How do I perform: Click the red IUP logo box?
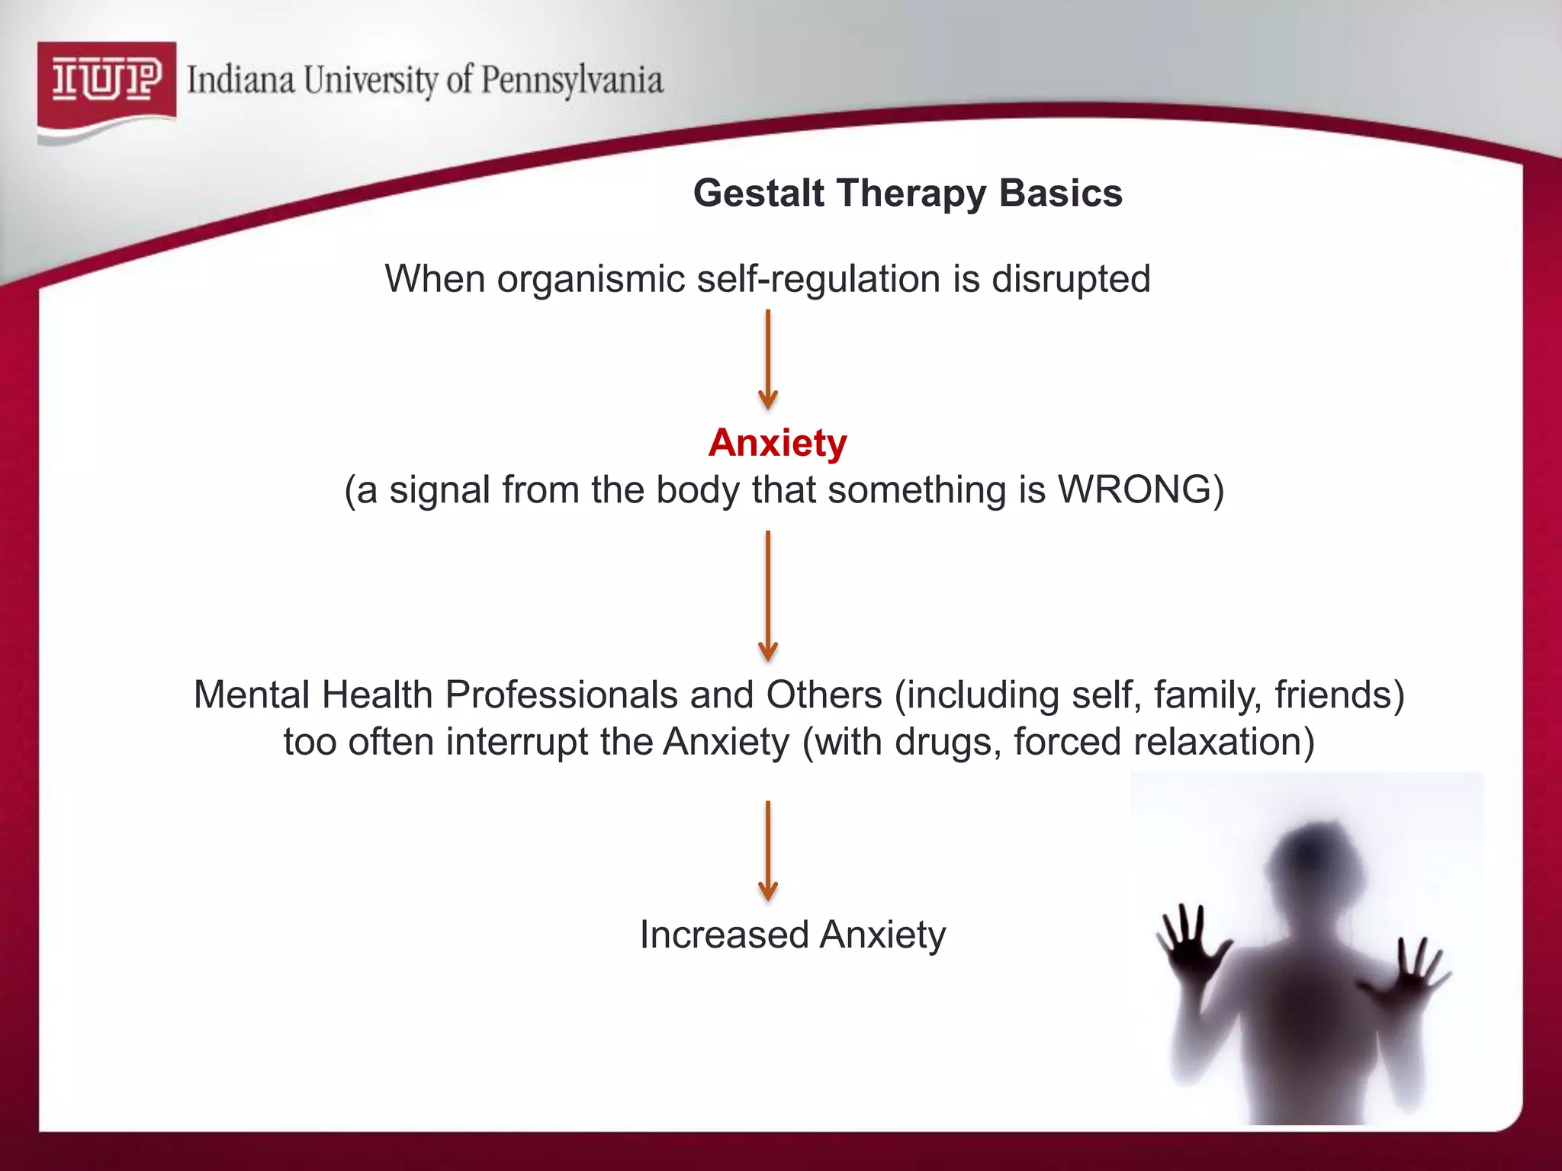click(107, 82)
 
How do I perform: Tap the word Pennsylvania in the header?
click(572, 80)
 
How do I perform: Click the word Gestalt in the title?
click(759, 193)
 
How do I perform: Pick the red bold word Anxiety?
click(777, 443)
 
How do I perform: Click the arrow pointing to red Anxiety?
click(768, 359)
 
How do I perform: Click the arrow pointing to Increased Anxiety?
click(768, 851)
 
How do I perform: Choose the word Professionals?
click(561, 695)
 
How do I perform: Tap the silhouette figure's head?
click(1310, 858)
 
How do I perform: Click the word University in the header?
click(371, 80)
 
